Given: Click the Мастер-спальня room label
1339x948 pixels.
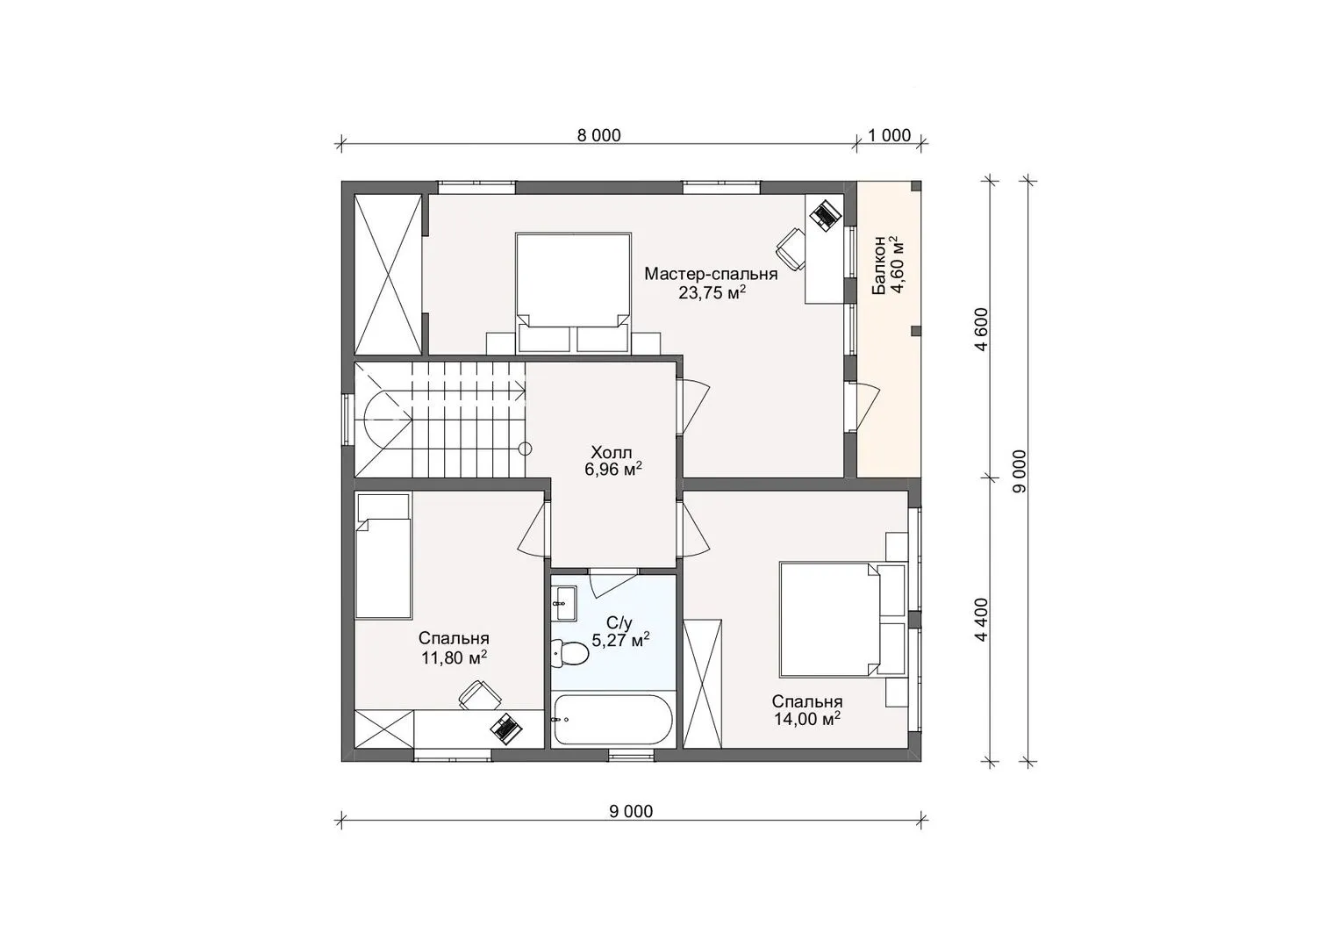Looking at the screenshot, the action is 711,274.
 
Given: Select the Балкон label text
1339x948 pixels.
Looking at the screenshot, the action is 878,265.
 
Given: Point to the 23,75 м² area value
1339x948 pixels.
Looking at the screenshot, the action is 712,292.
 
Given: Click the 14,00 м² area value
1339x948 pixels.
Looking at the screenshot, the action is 807,719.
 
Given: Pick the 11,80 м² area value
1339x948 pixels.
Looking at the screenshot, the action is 454,658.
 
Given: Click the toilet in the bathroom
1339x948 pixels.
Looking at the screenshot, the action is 569,653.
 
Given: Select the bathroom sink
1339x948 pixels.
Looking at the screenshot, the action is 563,603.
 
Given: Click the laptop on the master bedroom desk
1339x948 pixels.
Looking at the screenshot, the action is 826,213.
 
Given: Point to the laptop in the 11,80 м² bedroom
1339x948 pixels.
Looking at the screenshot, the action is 505,729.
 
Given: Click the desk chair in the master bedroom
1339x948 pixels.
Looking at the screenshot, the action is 791,249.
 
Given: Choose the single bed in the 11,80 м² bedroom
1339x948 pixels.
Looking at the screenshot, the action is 383,556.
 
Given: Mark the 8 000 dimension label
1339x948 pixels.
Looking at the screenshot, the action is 599,136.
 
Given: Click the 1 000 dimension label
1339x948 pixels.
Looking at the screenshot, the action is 890,136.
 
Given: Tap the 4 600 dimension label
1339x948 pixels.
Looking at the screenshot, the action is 981,329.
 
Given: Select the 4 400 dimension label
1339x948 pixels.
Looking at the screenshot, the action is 981,620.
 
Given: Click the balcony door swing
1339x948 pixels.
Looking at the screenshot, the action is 868,406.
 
